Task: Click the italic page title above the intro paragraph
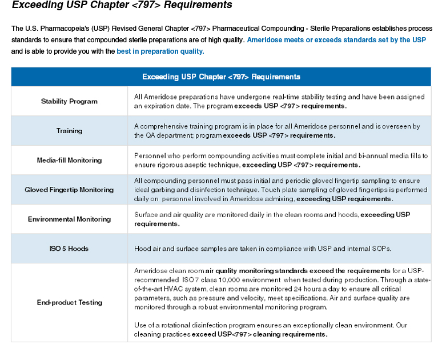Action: point(122,5)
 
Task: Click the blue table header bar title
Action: point(221,77)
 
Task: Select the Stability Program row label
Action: point(69,101)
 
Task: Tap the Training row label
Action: point(69,131)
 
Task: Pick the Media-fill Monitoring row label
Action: point(69,161)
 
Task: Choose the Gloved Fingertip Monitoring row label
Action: point(69,190)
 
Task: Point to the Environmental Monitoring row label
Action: point(69,219)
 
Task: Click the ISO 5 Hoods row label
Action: point(69,249)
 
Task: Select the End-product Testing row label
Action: point(69,302)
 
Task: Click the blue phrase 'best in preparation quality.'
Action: point(160,51)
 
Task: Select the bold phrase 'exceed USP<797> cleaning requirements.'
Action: point(260,334)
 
